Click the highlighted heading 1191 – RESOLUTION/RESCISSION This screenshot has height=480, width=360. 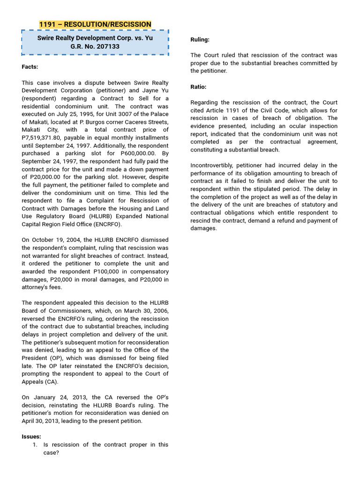[x=95, y=24]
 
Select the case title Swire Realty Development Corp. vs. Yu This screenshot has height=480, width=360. [x=95, y=38]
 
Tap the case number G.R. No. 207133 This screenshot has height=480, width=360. [x=95, y=46]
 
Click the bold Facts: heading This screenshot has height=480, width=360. [x=30, y=67]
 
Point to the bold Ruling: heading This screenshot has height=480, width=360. [x=200, y=40]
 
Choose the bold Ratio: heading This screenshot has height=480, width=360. [x=198, y=87]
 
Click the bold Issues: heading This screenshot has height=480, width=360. [x=31, y=436]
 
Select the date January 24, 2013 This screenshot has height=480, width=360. [x=54, y=397]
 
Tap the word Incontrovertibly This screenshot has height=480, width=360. [x=211, y=165]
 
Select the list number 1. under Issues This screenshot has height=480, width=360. [x=35, y=444]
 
